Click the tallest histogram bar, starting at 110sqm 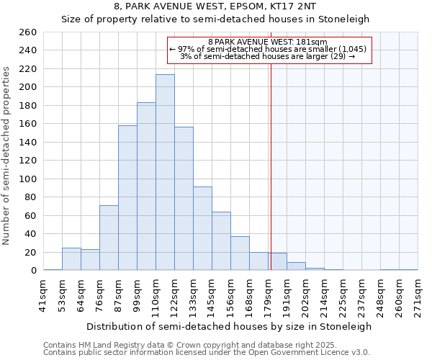pyautogui.click(x=165, y=173)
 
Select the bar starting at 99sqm pyautogui.click(x=146, y=186)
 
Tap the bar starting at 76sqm pyautogui.click(x=109, y=238)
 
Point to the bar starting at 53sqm pyautogui.click(x=71, y=259)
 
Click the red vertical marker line pyautogui.click(x=271, y=144)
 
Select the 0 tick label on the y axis pyautogui.click(x=33, y=271)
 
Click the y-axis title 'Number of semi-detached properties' pyautogui.click(x=7, y=155)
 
